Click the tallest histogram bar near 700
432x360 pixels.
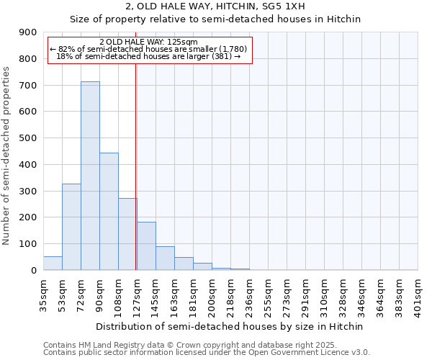(90, 176)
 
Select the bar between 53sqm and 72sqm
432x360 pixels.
(71, 227)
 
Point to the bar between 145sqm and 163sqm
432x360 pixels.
(165, 258)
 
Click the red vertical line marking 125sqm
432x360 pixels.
(135, 166)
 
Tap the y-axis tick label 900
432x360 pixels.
(28, 32)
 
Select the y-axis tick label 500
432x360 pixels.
(28, 138)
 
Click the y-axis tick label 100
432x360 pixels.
(28, 244)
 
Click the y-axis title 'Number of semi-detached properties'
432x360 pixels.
(7, 156)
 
